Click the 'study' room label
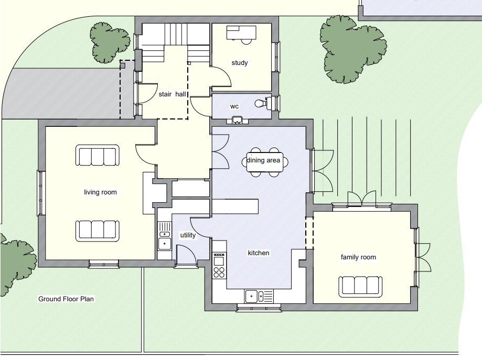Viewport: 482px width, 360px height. [x=240, y=63]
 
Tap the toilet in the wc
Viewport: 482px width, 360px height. [x=263, y=103]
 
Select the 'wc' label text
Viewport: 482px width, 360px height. [x=234, y=106]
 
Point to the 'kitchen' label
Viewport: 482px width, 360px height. [x=259, y=253]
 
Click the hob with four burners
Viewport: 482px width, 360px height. [x=219, y=272]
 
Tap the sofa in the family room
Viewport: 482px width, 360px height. [x=360, y=287]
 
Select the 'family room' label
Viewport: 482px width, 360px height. [x=358, y=257]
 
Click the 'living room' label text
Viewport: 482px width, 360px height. [x=100, y=192]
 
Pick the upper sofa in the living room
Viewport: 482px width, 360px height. [x=98, y=156]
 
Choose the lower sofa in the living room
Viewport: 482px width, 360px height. [x=98, y=231]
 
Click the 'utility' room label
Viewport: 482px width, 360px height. [x=188, y=235]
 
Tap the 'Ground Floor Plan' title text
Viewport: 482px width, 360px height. [x=66, y=299]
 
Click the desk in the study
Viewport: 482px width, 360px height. [x=241, y=33]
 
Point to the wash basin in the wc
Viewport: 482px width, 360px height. [x=237, y=120]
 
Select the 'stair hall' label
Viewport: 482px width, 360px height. [x=173, y=94]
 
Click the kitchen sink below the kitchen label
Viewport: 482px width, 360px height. [x=259, y=297]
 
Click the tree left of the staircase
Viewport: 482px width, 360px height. [x=110, y=42]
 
